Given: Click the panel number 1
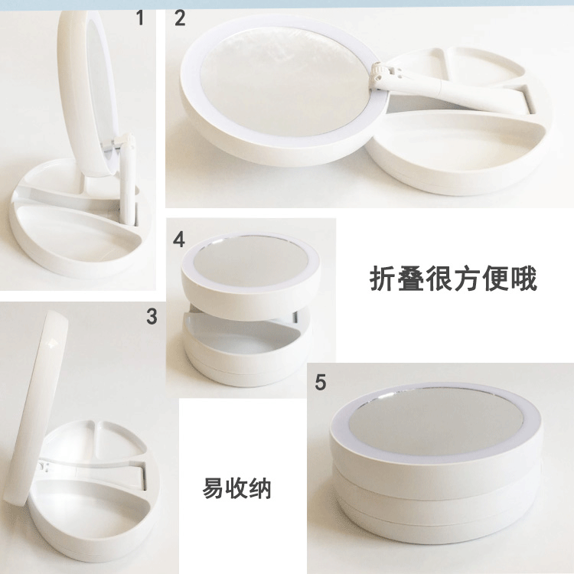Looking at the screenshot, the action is (x=140, y=18).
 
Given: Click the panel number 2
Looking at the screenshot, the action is (x=180, y=18).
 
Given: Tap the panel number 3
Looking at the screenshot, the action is (x=152, y=316).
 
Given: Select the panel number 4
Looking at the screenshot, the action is (x=179, y=240).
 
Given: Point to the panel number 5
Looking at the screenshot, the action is (x=321, y=382).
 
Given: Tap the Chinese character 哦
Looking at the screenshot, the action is (x=523, y=279).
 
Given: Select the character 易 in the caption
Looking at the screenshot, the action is (x=214, y=488).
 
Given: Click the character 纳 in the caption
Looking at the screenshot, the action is (x=259, y=488).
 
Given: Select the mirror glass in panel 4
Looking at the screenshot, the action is (x=252, y=260).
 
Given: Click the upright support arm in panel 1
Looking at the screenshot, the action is (x=127, y=179).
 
